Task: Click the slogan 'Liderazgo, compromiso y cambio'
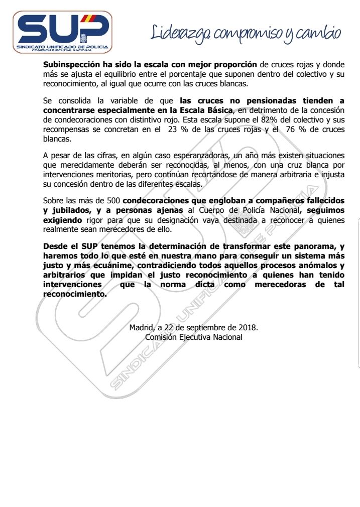[246, 33]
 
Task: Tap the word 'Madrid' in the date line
[141, 327]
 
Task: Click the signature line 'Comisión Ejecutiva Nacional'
[193, 337]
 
